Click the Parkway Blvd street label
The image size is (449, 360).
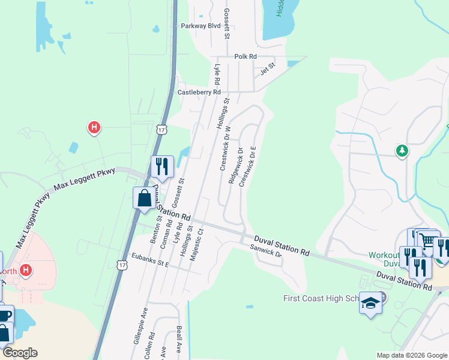coord(201,26)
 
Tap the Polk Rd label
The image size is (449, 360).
coord(246,56)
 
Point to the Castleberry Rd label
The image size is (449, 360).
coord(199,92)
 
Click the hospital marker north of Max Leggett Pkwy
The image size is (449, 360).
coord(94,127)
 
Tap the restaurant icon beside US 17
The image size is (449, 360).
coord(161,166)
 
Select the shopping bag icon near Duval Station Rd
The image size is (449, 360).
coord(144,197)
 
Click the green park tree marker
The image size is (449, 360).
coord(402,151)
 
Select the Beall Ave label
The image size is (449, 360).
coord(179,340)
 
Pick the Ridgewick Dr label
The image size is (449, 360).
coord(236,166)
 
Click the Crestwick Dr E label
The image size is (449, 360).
coord(249,166)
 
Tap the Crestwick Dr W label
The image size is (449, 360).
coord(224,151)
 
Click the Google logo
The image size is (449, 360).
coord(20,353)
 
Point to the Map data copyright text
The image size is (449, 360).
coord(411,355)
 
